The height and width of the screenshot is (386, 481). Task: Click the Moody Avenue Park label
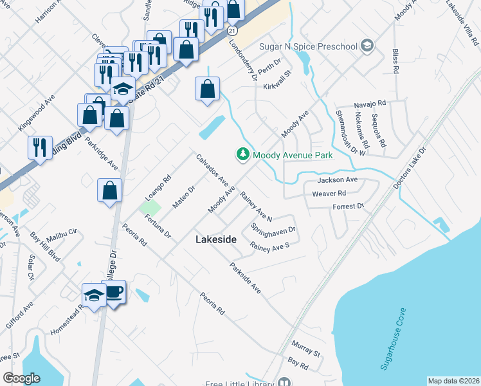pos(293,155)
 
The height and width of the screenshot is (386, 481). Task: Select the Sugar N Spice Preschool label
pos(308,46)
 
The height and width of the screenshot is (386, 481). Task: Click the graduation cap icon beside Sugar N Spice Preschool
pos(367,46)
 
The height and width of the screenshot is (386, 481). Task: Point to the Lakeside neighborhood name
pos(215,239)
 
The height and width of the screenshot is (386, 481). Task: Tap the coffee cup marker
pos(114,293)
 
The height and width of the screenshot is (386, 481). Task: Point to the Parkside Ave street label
pos(245,279)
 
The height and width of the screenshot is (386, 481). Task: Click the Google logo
pos(22,378)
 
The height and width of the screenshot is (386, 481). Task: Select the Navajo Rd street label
pos(370,103)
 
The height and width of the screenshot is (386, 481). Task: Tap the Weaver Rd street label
pos(329,193)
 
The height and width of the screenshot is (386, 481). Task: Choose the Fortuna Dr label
pos(158,226)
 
